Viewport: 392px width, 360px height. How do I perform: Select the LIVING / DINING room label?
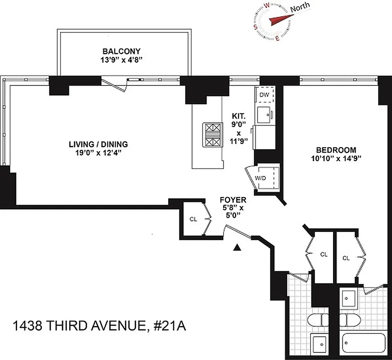coord(98,144)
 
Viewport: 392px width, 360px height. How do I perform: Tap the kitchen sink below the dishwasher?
coord(264,114)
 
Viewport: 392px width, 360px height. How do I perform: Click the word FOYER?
coord(232,199)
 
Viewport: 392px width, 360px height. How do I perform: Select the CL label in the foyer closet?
coord(193,219)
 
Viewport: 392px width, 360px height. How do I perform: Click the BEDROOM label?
coord(336,150)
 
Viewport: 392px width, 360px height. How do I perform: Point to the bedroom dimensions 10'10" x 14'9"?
coord(336,158)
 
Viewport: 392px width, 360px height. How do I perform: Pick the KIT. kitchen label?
coord(239,115)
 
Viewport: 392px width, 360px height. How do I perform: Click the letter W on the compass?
coord(267,5)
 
